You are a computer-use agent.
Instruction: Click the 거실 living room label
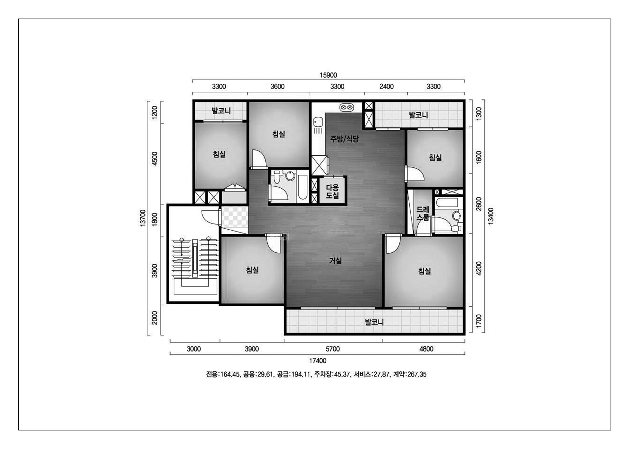pyautogui.click(x=335, y=261)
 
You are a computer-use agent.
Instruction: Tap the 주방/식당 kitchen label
pyautogui.click(x=344, y=139)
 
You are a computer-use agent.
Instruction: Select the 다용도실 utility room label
pyautogui.click(x=332, y=191)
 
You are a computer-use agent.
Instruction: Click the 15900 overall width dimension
pyautogui.click(x=328, y=75)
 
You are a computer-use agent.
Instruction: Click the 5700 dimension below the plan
pyautogui.click(x=333, y=349)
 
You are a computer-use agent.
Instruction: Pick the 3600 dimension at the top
pyautogui.click(x=277, y=87)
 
